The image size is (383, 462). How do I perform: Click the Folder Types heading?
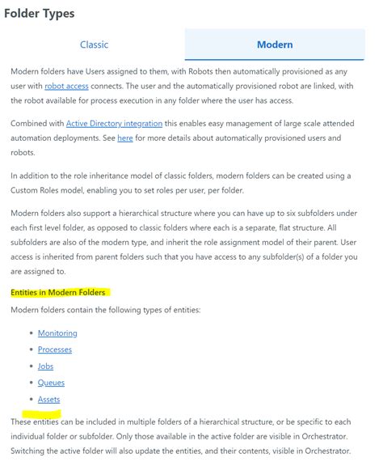pyautogui.click(x=40, y=13)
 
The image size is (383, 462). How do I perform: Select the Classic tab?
pyautogui.click(x=94, y=45)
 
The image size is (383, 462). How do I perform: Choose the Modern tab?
pyautogui.click(x=275, y=45)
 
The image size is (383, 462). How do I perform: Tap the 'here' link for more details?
pyautogui.click(x=125, y=138)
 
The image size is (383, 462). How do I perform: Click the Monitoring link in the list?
pyautogui.click(x=57, y=333)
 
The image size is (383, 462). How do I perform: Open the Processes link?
pyautogui.click(x=55, y=350)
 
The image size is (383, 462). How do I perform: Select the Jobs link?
pyautogui.click(x=45, y=366)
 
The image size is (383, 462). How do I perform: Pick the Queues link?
pyautogui.click(x=51, y=383)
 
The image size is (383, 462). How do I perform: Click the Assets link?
pyautogui.click(x=48, y=399)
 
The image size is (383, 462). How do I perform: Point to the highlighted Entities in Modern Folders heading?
pyautogui.click(x=59, y=292)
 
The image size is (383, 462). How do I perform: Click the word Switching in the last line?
pyautogui.click(x=31, y=450)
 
